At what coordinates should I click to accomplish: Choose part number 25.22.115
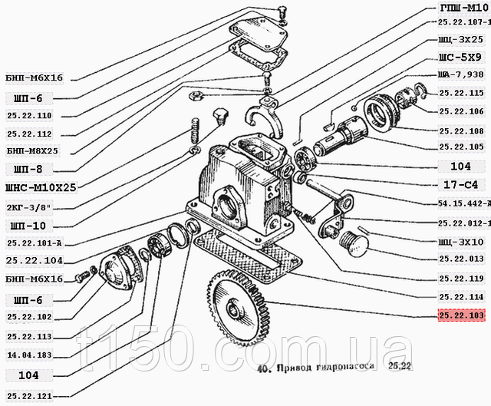461,93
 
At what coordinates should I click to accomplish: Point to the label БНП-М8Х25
32,150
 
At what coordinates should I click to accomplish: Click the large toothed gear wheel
239,314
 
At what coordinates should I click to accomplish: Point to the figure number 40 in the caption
262,367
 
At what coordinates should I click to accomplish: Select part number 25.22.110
28,115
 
